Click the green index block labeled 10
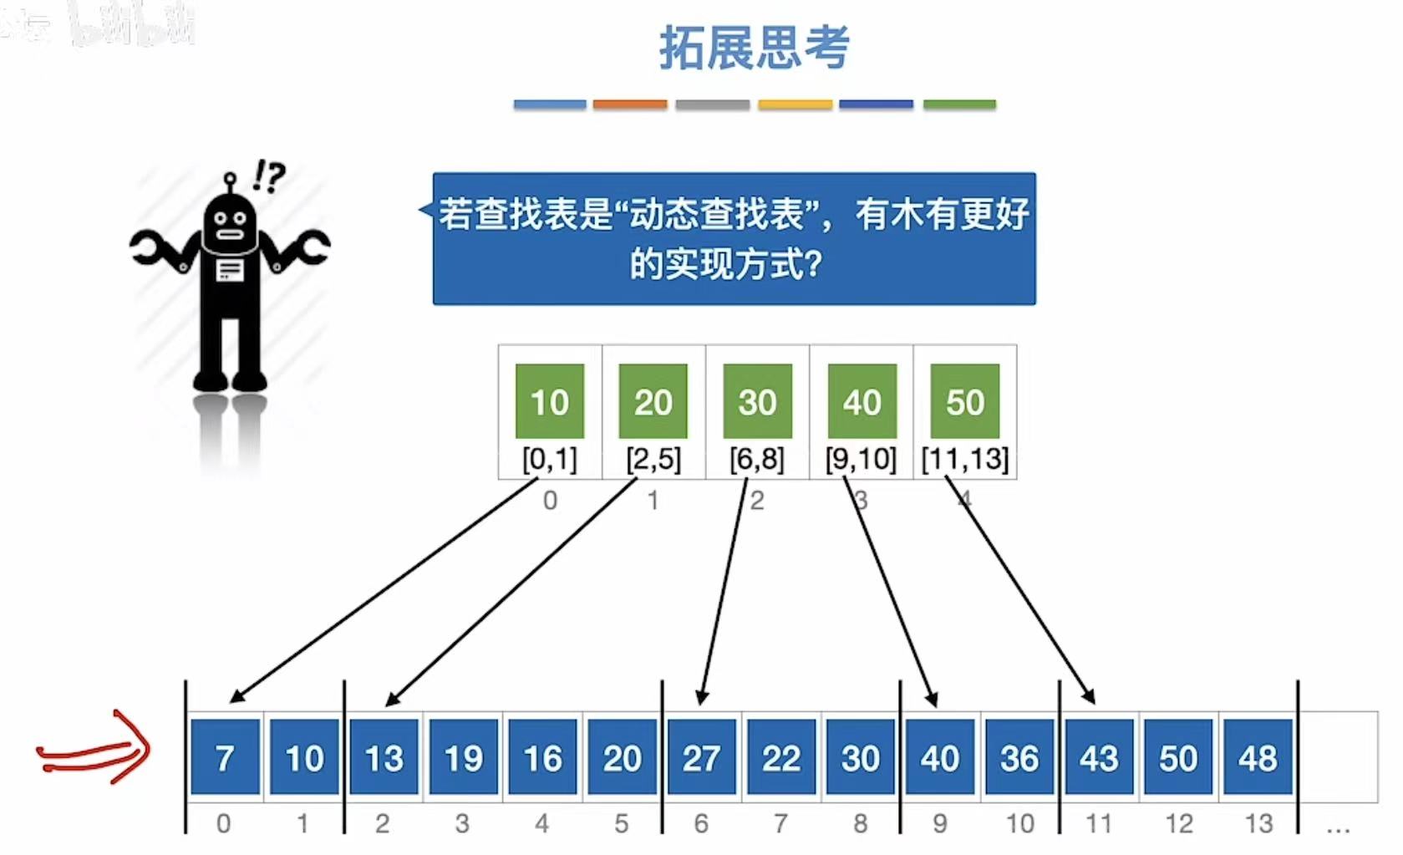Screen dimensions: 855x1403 point(549,401)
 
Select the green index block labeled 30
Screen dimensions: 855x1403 point(757,401)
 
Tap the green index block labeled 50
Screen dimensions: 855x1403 point(965,401)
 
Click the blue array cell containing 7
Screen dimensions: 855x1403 point(225,757)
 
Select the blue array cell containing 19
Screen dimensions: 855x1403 point(464,757)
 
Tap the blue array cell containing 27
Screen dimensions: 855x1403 point(701,757)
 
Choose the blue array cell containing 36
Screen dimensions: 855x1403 point(1019,757)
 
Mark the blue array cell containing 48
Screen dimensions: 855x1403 point(1258,757)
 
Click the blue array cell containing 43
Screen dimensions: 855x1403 point(1098,757)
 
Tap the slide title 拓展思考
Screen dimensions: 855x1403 point(754,47)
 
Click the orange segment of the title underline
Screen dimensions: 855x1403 point(630,104)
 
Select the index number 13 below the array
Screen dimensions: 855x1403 point(1258,823)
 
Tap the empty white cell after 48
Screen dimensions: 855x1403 point(1338,757)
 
